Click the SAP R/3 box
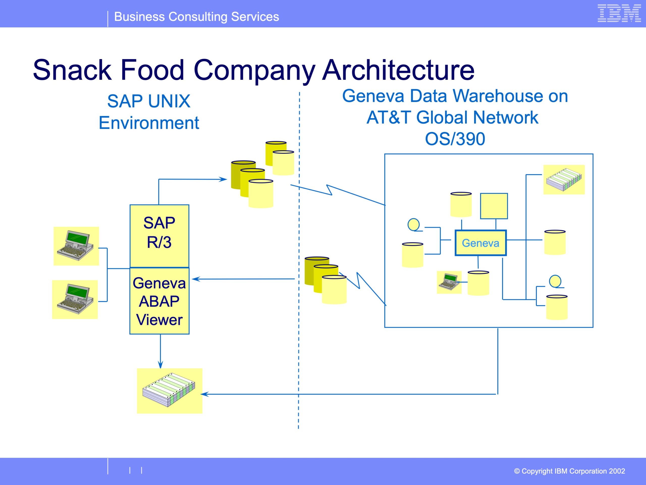159,236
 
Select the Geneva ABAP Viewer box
159,301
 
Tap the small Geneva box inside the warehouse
480,243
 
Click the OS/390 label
455,139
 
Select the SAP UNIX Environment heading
149,112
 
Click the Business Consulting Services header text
197,17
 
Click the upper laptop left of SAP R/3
76,246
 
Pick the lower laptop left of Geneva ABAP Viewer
75,299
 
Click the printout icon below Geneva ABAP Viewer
170,391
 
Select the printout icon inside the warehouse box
564,180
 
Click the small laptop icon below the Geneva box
449,282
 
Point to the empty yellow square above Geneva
494,206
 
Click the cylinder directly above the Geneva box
461,205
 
